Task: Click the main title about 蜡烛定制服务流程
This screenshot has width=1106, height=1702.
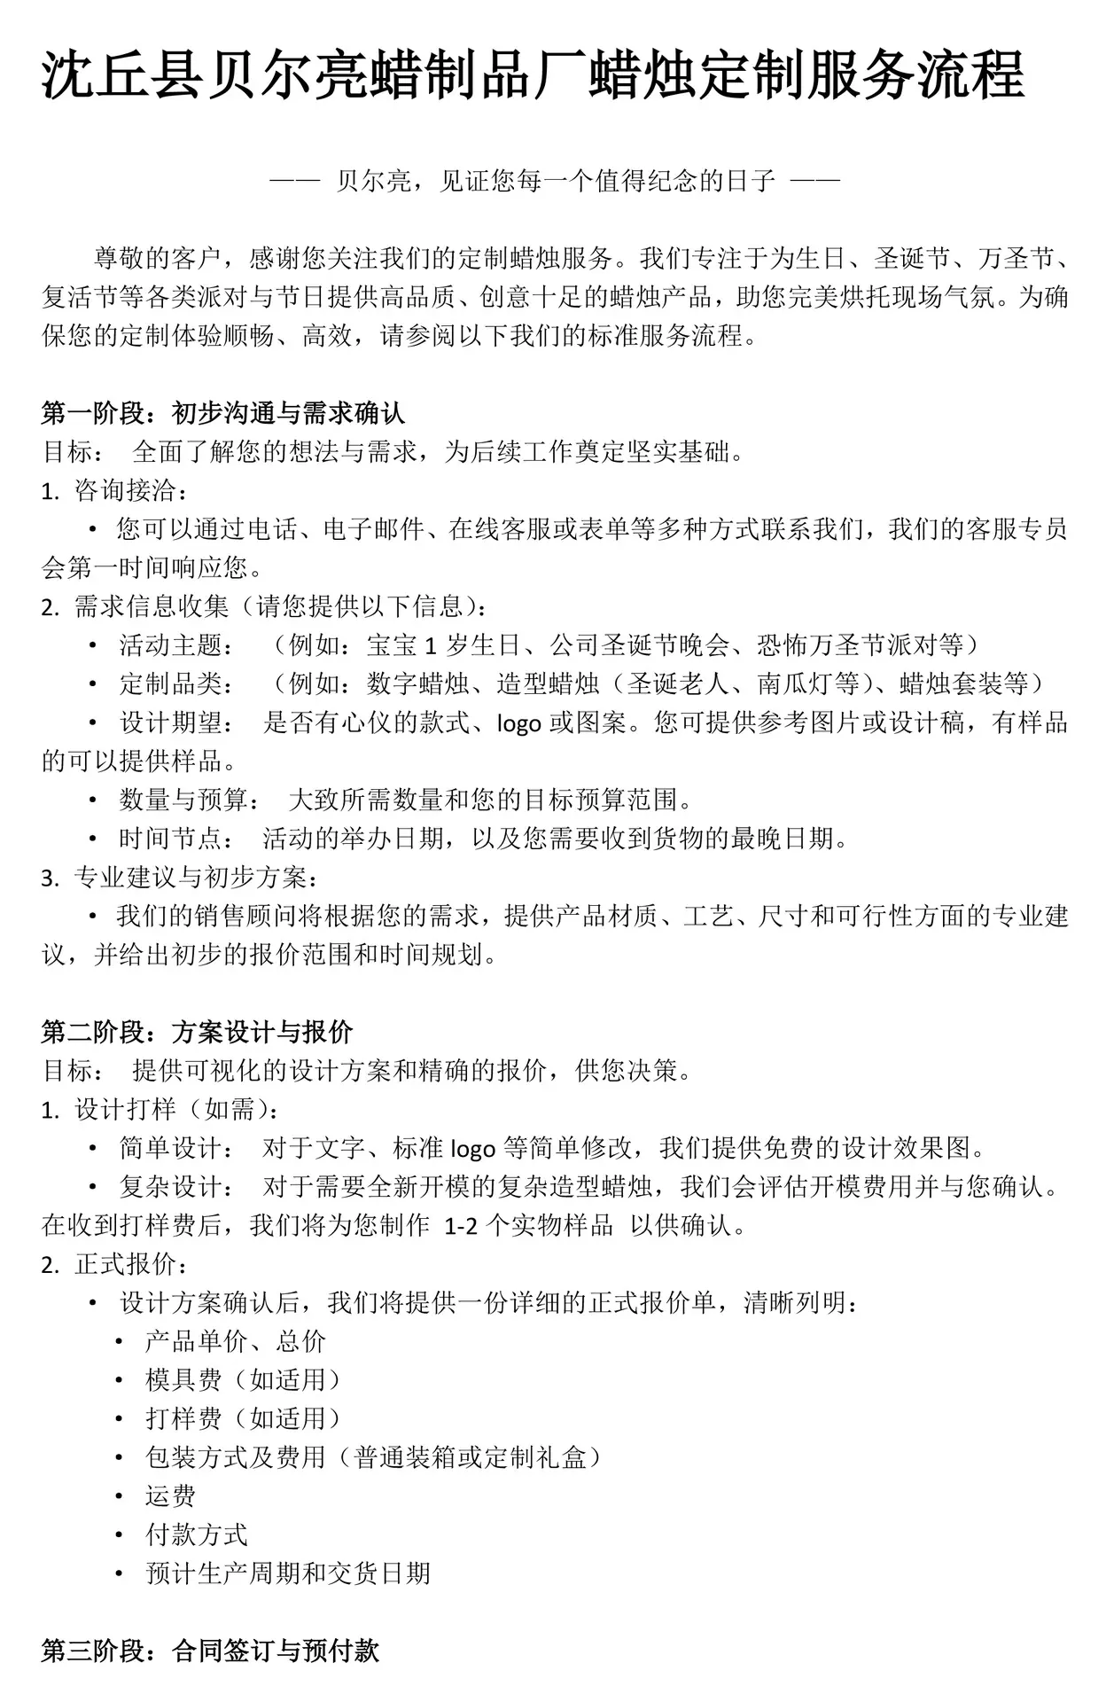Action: click(534, 76)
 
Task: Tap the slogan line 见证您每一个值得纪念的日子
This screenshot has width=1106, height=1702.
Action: click(555, 182)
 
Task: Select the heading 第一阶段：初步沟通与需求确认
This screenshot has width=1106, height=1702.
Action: click(222, 413)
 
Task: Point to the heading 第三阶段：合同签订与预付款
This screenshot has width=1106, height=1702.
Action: click(210, 1651)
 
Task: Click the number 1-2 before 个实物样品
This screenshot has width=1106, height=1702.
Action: click(463, 1226)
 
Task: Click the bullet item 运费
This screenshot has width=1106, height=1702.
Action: click(170, 1496)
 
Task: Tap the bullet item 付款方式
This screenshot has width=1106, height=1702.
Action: click(196, 1534)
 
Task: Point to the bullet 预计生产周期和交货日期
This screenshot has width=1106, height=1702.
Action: click(287, 1573)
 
